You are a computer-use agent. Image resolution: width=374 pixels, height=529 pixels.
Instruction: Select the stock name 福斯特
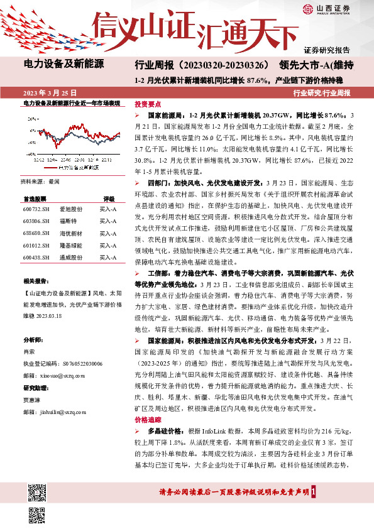click(x=67, y=221)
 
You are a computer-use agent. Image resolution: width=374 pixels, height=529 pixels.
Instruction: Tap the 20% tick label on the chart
click(x=30, y=116)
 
